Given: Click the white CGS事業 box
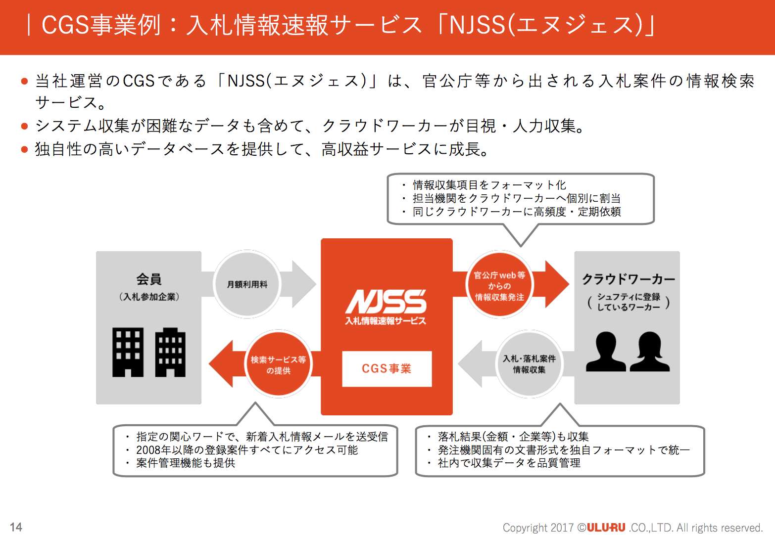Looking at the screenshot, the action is point(387,369).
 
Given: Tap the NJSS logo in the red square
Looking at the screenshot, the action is point(386,302).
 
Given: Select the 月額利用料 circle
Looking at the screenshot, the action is point(247,284).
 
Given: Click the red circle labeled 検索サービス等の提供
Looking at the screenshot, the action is point(278,365).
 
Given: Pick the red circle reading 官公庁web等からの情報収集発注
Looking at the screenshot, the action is point(499,286).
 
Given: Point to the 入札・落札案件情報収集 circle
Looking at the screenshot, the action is point(529,364).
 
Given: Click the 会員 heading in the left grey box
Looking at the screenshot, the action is point(149,279).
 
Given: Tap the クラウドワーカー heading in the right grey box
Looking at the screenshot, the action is point(628,279).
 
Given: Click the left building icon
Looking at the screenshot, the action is point(128,352).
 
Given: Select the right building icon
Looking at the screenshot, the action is point(170,352).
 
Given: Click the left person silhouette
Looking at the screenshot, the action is point(606,352).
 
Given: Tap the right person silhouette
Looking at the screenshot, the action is point(650,352).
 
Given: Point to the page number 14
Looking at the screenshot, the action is point(16,527).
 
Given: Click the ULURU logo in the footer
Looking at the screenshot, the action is point(606,528).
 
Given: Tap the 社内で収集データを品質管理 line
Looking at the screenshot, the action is point(509,463).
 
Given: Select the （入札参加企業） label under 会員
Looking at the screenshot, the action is point(149,297).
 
